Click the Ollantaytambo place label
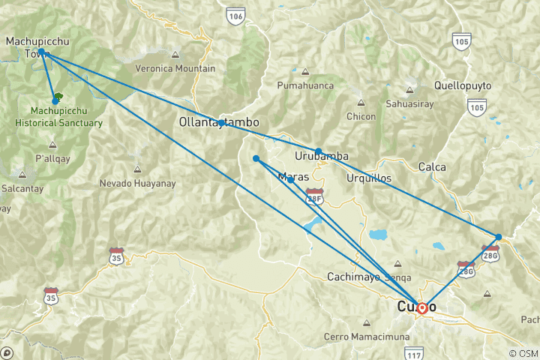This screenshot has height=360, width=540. [219, 121]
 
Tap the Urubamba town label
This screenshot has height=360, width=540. [322, 156]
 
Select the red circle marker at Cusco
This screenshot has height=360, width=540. [421, 307]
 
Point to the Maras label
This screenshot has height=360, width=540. [293, 178]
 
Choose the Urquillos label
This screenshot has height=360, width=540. [370, 178]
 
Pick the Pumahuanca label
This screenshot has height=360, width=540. [304, 86]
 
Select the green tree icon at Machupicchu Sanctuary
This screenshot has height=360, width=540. [57, 98]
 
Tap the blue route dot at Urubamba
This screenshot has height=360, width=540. [319, 151]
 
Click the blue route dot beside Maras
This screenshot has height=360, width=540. [290, 180]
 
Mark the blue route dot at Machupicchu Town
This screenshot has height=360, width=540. [41, 52]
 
